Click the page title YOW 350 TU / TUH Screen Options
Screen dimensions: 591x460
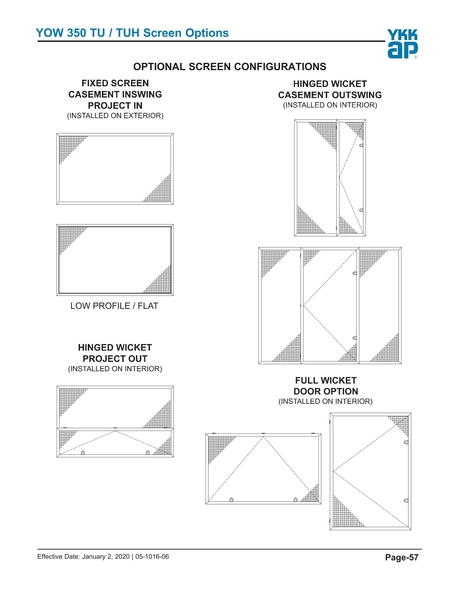(x=132, y=33)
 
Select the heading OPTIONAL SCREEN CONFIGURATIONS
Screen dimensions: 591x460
(x=230, y=65)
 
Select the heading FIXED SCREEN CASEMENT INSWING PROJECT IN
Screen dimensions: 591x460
(x=115, y=93)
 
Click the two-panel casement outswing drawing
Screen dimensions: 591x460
(x=330, y=178)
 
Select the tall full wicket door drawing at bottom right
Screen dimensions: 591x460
(x=371, y=469)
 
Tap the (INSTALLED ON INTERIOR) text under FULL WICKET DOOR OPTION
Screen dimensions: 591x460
(x=326, y=401)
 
